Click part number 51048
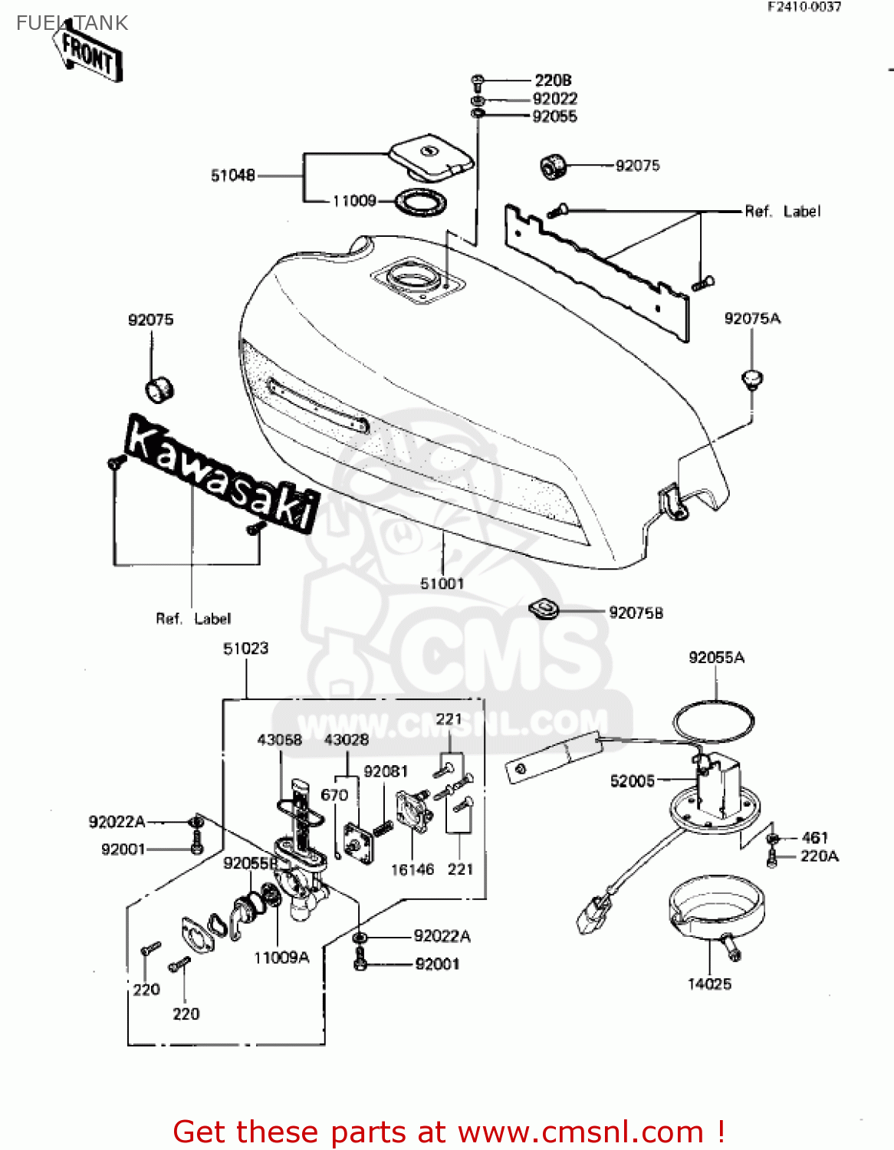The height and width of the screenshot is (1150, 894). [x=232, y=176]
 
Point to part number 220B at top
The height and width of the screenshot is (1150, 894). [x=553, y=80]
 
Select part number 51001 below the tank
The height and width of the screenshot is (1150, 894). [x=442, y=583]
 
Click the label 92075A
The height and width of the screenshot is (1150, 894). [x=752, y=319]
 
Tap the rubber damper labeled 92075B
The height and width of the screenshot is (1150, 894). [x=544, y=610]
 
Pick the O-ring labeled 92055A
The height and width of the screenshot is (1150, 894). [x=713, y=721]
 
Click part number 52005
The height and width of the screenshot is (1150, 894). [x=633, y=781]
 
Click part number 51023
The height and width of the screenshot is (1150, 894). [x=245, y=649]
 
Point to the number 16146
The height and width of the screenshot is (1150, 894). [x=412, y=869]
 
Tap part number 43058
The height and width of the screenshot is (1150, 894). [x=279, y=740]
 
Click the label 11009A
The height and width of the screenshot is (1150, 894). [x=281, y=958]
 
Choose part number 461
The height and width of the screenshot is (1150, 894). [x=814, y=837]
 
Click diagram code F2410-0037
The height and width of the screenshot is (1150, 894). [x=804, y=7]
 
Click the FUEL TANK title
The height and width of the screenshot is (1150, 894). [x=72, y=23]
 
